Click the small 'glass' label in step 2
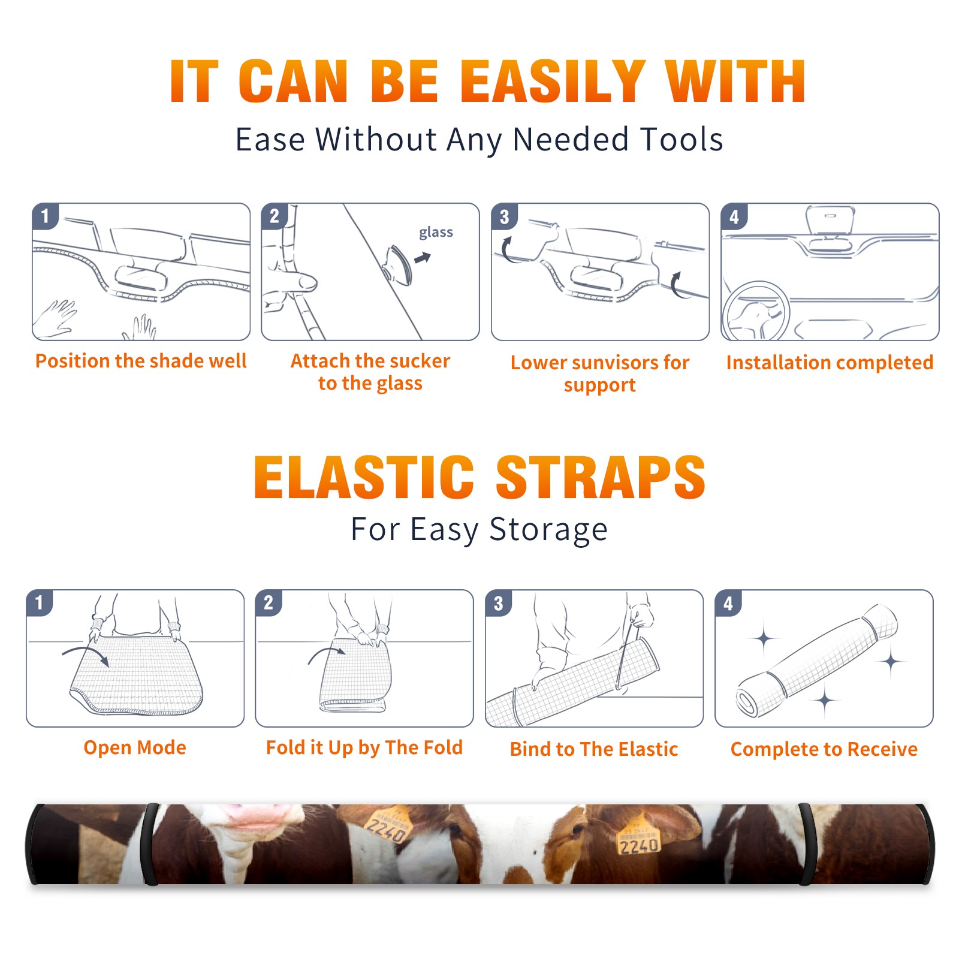click(436, 233)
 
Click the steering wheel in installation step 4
click(756, 312)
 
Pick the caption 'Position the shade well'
click(141, 361)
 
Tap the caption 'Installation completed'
click(830, 363)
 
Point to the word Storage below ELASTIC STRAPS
click(548, 530)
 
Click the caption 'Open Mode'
click(135, 747)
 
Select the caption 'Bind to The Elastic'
click(594, 749)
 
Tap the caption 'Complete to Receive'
click(824, 749)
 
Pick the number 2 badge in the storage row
click(269, 603)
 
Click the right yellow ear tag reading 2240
click(638, 836)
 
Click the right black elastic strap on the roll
click(806, 844)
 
